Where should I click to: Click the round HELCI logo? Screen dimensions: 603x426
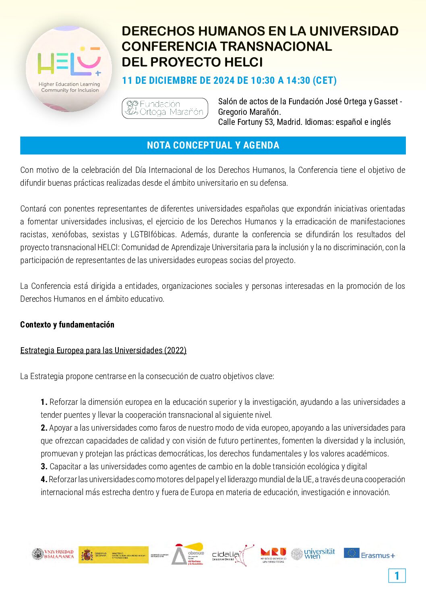69,69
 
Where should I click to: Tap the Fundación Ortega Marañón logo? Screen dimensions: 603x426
165,108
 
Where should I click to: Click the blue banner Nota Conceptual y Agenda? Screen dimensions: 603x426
213,145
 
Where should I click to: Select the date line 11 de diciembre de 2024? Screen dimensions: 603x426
229,81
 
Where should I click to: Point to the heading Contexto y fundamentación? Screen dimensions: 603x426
67,325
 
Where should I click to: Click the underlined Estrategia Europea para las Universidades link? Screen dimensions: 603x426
103,350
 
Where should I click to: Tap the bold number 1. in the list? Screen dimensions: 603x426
44,402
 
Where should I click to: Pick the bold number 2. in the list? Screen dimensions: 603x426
44,428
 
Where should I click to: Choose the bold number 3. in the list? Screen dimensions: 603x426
44,466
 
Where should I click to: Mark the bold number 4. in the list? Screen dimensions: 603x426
44,479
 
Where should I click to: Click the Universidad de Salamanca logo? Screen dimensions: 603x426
53,554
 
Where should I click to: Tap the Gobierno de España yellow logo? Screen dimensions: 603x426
114,555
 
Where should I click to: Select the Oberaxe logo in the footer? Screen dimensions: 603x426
188,554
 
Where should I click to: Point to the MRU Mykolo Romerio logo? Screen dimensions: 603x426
273,555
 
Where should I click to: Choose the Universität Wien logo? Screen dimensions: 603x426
313,554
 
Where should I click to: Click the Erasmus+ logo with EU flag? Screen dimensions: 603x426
369,554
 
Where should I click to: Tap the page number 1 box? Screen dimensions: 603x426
397,576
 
